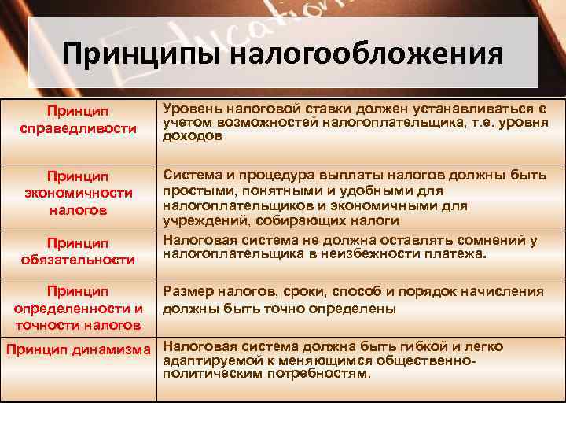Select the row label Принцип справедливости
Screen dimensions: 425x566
click(78, 120)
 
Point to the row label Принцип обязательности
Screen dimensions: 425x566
click(78, 251)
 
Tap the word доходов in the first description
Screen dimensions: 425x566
click(189, 135)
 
